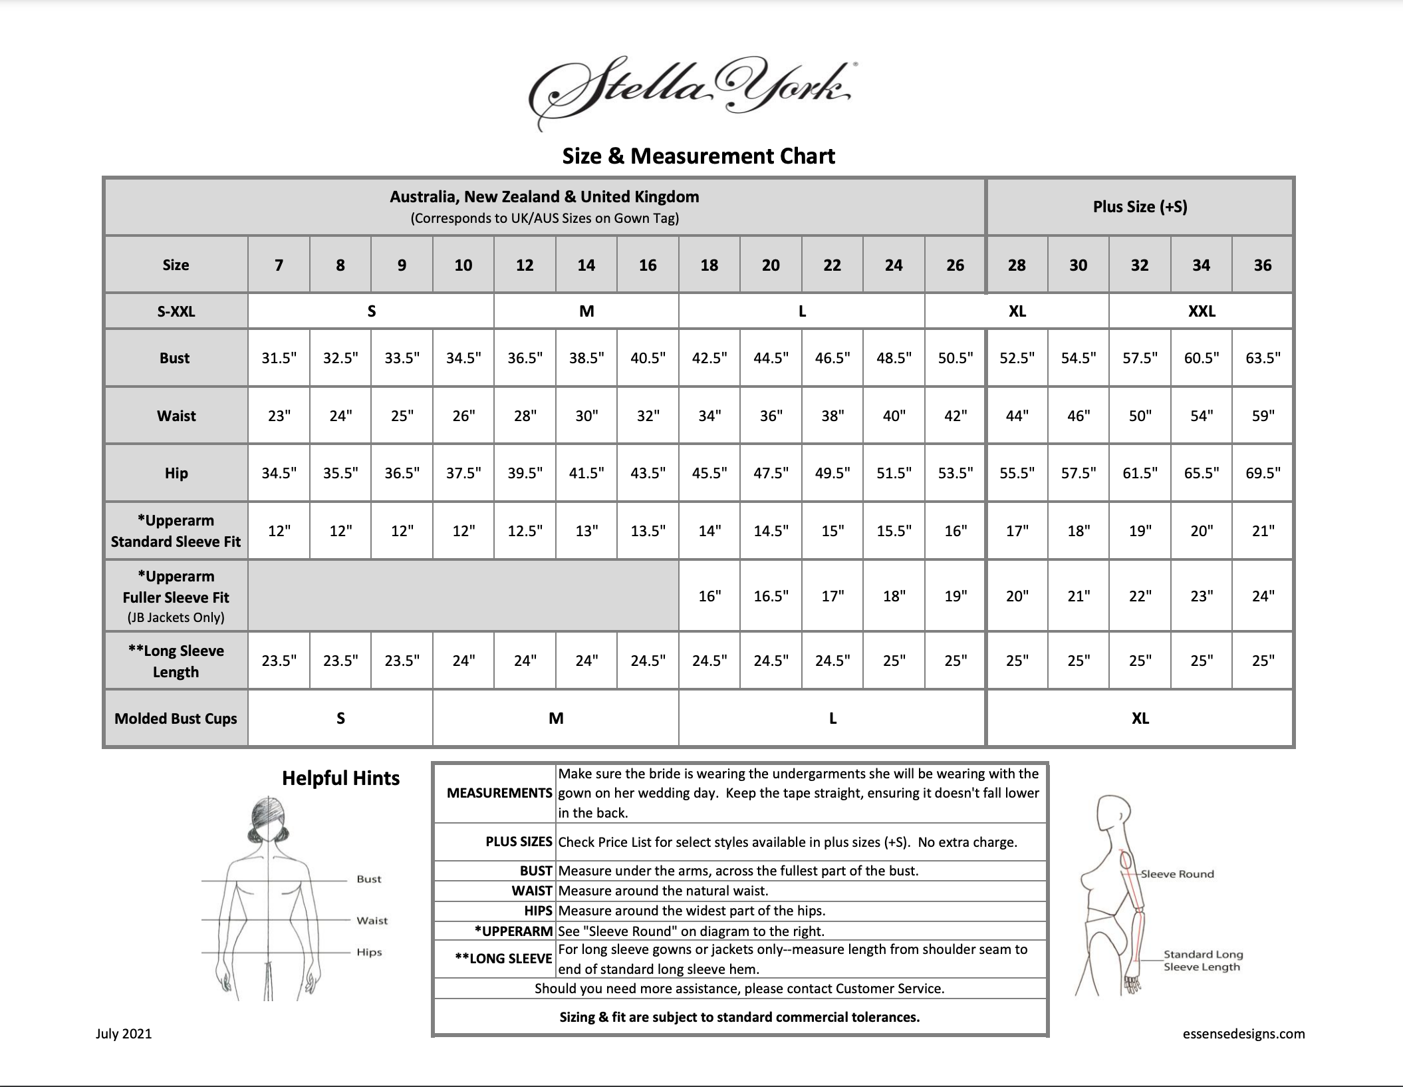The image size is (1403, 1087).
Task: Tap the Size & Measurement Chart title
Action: (698, 156)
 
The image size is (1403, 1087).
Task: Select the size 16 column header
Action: (648, 265)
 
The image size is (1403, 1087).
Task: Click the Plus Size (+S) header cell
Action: (1140, 207)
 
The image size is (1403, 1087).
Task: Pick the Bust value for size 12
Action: (525, 359)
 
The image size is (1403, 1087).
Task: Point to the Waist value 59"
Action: (1262, 416)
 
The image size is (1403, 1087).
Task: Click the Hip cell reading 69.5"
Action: (1262, 474)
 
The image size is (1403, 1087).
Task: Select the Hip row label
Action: (176, 474)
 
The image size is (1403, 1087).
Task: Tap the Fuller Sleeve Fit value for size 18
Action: (709, 596)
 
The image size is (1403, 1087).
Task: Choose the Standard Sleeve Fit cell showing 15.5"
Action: (894, 532)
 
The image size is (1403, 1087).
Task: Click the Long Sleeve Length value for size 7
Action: (279, 661)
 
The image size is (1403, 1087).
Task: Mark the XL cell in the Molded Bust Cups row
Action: (1140, 718)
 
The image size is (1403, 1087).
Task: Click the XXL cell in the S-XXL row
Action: (1201, 311)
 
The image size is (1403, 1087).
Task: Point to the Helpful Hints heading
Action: (340, 778)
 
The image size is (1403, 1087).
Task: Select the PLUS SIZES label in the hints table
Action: (519, 842)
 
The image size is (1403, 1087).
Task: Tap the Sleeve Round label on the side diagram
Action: (1177, 874)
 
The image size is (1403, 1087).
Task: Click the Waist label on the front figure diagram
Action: (372, 921)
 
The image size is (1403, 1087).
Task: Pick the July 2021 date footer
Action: (124, 1034)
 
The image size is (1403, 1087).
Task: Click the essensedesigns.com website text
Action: (1243, 1034)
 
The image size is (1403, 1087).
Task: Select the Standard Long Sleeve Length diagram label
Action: (1202, 961)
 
